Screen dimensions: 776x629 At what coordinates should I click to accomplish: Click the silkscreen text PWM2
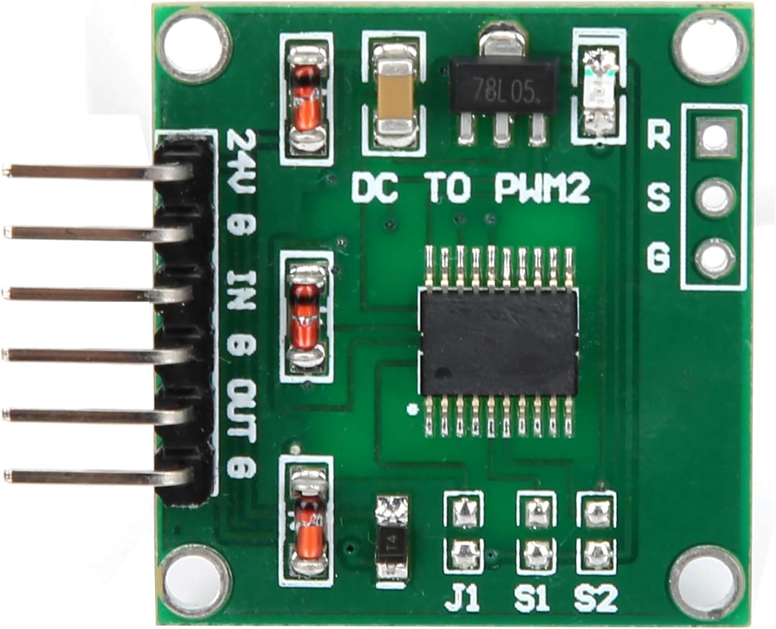542,189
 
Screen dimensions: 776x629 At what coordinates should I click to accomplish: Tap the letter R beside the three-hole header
659,136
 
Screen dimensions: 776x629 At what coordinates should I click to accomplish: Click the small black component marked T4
392,544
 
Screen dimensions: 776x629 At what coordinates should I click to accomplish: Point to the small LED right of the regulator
598,93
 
